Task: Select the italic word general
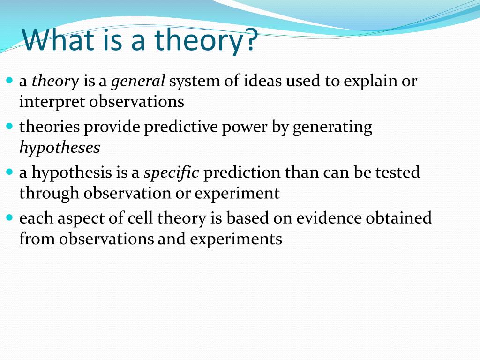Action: (138, 82)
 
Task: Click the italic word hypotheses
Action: (60, 148)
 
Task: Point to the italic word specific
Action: (172, 172)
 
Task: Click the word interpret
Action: (52, 102)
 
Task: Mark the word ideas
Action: (262, 81)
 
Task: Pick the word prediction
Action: (242, 173)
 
